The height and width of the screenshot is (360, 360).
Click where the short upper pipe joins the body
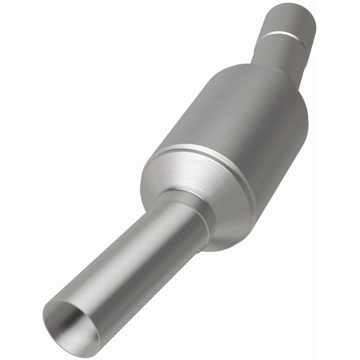(270, 67)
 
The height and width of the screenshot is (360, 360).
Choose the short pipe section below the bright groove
(277, 52)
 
